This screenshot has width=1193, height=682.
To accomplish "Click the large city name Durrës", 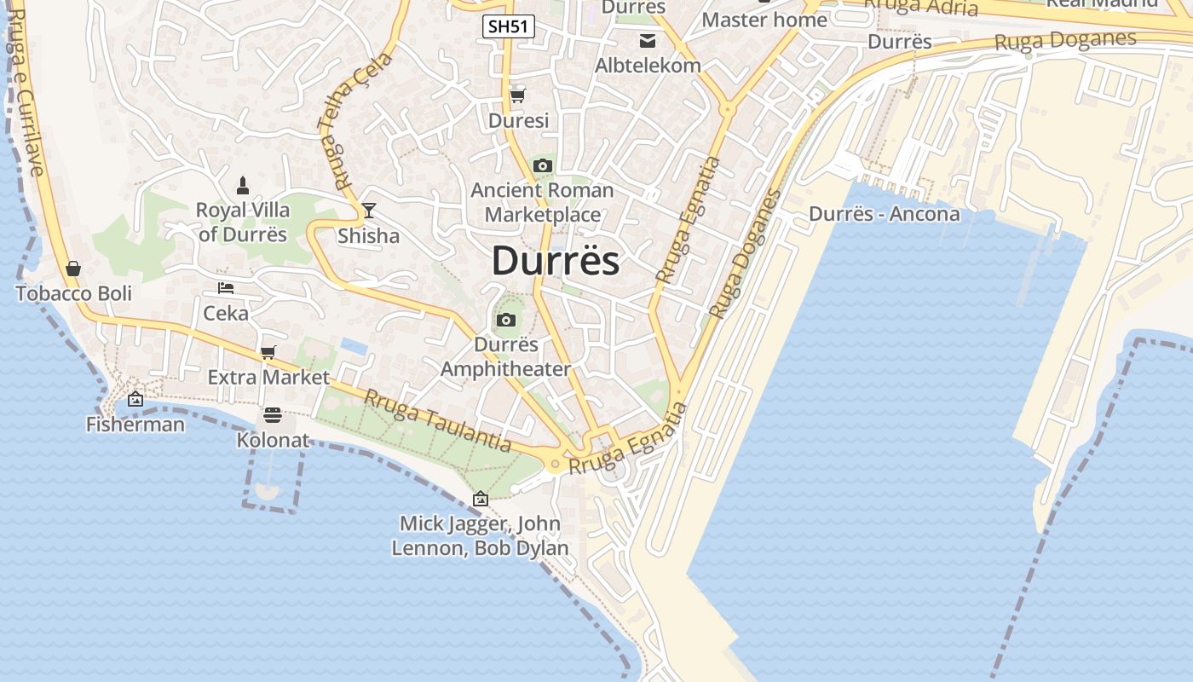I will pyautogui.click(x=556, y=261).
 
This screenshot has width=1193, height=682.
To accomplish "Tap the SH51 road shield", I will pyautogui.click(x=509, y=26).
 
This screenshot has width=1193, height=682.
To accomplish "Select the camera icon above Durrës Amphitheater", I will pyautogui.click(x=506, y=321).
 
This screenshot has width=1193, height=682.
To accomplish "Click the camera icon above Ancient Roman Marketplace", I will pyautogui.click(x=543, y=165).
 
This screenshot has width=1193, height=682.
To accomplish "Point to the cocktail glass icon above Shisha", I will pyautogui.click(x=369, y=211).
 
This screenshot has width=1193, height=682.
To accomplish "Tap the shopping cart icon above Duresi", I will pyautogui.click(x=517, y=95).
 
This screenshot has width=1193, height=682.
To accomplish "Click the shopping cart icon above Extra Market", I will pyautogui.click(x=268, y=352).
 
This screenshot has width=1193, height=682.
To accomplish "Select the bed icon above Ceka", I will pyautogui.click(x=226, y=288).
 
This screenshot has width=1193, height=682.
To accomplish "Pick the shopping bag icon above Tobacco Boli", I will pyautogui.click(x=73, y=269).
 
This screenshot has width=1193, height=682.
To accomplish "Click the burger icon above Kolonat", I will pyautogui.click(x=273, y=416).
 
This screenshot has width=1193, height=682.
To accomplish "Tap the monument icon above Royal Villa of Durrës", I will pyautogui.click(x=243, y=185).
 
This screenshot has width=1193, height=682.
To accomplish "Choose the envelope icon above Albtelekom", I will pyautogui.click(x=648, y=40).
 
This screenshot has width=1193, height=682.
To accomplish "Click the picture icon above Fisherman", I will pyautogui.click(x=135, y=399).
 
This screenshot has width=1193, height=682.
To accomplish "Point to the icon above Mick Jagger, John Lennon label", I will pyautogui.click(x=481, y=499).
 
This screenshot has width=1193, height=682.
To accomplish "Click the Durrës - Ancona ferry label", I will pyautogui.click(x=884, y=214).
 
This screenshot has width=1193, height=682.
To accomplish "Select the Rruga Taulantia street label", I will pyautogui.click(x=437, y=420).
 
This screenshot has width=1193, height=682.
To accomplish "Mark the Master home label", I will pyautogui.click(x=764, y=20).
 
